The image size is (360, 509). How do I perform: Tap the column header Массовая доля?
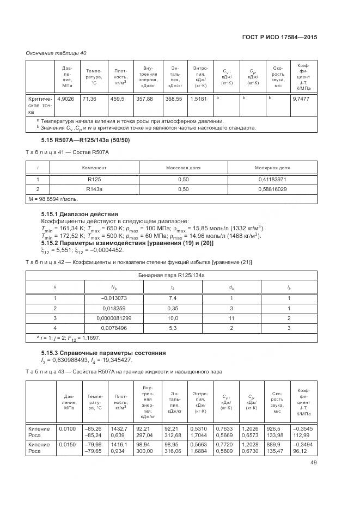pyautogui.click(x=183, y=168)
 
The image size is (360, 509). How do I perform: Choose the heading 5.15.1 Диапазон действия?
pyautogui.click(x=80, y=214)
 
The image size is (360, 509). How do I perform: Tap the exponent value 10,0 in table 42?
pyautogui.click(x=173, y=318)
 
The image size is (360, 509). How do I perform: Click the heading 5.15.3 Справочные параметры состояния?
pyautogui.click(x=96, y=353)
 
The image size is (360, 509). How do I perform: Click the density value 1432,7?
pyautogui.click(x=119, y=428)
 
